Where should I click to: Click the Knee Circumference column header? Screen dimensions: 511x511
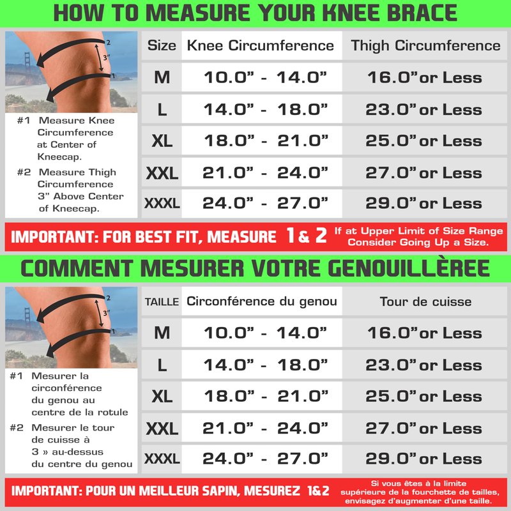pos(261,45)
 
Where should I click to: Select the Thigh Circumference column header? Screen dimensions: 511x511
pos(425,45)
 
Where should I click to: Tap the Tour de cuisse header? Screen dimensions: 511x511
pos(425,301)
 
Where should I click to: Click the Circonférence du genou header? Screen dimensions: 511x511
pos(262,301)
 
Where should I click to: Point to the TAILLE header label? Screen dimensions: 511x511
pos(162,301)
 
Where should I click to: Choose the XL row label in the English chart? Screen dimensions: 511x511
pos(162,141)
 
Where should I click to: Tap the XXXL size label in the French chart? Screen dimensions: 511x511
pos(162,459)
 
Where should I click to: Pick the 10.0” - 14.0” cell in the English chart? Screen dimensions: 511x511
pos(265,77)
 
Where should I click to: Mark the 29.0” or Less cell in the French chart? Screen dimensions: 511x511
pos(423,459)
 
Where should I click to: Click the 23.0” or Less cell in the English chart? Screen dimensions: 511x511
pos(423,109)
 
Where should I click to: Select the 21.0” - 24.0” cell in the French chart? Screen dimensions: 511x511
pos(265,428)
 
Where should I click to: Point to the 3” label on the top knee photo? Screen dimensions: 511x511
pos(106,57)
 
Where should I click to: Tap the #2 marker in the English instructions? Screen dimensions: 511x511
pos(24,172)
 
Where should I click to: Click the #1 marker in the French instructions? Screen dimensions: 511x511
pos(17,376)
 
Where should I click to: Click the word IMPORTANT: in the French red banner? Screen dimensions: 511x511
pos(47,491)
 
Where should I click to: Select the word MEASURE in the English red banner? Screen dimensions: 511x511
pos(241,237)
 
